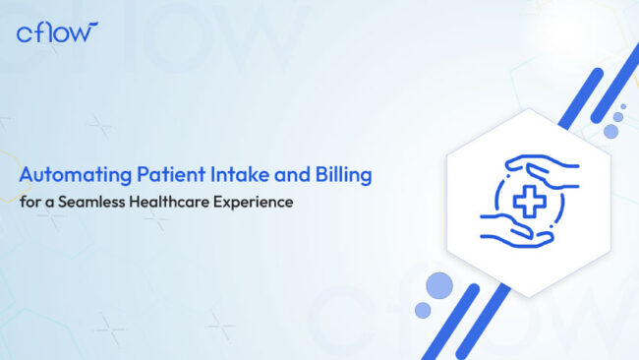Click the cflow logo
click(57, 32)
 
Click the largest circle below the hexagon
click(438, 286)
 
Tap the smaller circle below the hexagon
click(423, 310)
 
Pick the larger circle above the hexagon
click(610, 130)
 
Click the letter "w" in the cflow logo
click(87, 33)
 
